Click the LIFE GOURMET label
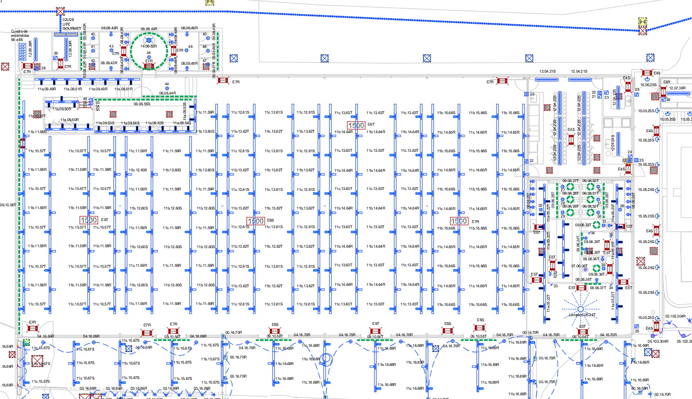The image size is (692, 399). (71, 26)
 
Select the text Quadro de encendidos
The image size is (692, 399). (20, 34)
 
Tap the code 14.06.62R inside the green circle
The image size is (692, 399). (149, 46)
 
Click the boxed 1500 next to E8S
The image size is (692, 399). (255, 221)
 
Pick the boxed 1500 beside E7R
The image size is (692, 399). (459, 221)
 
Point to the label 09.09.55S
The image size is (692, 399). (142, 104)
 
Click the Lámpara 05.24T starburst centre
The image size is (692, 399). (580, 309)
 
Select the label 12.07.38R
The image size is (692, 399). (677, 88)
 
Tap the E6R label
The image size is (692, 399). (667, 82)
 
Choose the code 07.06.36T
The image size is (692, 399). (579, 266)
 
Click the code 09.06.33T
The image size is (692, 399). (583, 225)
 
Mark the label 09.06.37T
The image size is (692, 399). (598, 288)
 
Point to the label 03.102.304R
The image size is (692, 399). (675, 316)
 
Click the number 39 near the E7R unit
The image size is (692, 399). (56, 53)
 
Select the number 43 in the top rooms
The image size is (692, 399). (111, 47)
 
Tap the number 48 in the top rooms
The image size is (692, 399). (190, 47)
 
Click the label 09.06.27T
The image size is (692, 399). (570, 181)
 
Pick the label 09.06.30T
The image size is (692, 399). (591, 181)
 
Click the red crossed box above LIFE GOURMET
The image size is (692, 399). (60, 11)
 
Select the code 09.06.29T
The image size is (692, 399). (570, 206)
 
